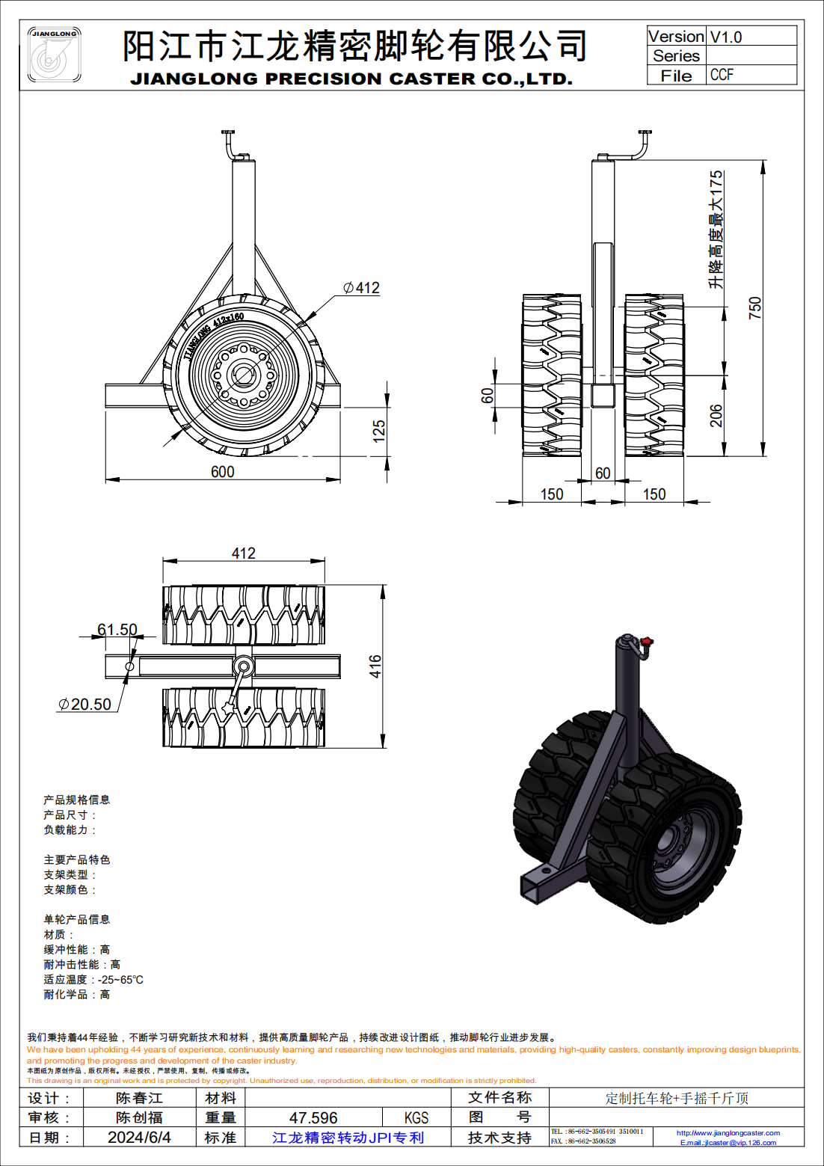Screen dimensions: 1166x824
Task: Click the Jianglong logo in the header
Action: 54,55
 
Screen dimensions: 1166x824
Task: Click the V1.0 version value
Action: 725,37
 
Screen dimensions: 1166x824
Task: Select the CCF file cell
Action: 722,75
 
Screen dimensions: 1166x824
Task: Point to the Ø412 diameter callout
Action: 362,288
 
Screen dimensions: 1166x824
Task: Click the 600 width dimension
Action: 222,472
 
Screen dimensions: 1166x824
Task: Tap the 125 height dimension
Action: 379,431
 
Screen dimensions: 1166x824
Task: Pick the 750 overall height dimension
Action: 755,307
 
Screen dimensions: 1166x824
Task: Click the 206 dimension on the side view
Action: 716,416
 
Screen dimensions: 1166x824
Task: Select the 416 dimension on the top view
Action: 375,666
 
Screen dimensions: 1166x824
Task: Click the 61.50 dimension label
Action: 117,630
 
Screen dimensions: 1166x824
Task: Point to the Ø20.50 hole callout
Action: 85,705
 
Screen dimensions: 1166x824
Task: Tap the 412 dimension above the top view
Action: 243,553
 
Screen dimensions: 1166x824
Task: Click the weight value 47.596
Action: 313,1118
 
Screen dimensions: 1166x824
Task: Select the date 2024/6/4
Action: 139,1138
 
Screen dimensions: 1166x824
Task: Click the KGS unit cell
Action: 416,1118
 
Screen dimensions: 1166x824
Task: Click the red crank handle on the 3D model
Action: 647,642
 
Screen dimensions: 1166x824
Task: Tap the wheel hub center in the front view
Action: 242,374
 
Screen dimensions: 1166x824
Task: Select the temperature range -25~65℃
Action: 120,980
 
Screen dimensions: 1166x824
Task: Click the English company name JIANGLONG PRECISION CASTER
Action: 351,79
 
